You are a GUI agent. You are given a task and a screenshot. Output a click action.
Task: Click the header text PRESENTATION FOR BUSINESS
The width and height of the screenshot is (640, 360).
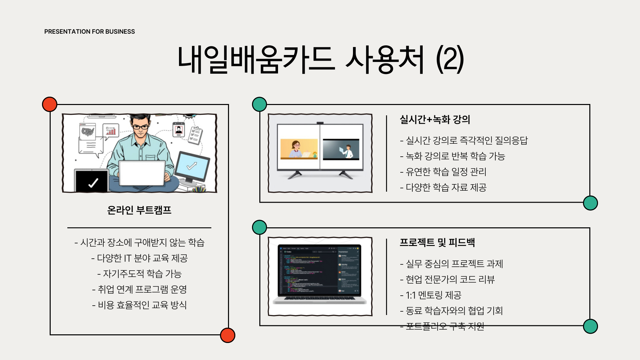[89, 32]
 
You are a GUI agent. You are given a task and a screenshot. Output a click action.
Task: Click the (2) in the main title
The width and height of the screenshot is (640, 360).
[450, 59]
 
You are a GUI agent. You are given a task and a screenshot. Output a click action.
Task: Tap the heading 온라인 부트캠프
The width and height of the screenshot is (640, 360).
[139, 210]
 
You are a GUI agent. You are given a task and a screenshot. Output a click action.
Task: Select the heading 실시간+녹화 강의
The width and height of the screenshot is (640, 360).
[435, 119]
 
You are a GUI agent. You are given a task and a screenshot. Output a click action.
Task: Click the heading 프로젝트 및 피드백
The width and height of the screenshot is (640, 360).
[437, 242]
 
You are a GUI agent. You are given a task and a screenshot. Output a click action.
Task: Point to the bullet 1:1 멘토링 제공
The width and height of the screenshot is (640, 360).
[431, 295]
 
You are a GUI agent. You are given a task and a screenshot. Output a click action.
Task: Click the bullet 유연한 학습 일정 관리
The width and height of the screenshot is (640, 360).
[443, 172]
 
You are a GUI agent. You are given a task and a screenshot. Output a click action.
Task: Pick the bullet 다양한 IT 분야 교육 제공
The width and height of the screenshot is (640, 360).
[139, 258]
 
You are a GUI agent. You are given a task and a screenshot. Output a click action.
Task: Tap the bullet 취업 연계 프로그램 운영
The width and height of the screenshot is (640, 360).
[139, 289]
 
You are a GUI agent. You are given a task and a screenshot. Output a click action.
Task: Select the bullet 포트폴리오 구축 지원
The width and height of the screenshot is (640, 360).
[442, 326]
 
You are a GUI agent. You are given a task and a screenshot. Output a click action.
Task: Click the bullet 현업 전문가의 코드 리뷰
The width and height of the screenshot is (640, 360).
[447, 279]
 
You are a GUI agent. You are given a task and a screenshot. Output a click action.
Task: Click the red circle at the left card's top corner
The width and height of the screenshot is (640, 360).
[50, 104]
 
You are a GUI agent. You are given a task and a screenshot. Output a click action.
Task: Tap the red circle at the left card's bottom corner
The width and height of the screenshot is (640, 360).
[228, 335]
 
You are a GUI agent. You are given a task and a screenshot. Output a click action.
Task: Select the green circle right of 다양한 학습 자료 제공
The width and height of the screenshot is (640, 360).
[590, 203]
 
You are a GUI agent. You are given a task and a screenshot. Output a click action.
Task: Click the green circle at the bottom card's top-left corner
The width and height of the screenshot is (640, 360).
[259, 227]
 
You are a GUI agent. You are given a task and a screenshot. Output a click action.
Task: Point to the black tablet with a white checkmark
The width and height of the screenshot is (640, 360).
[92, 181]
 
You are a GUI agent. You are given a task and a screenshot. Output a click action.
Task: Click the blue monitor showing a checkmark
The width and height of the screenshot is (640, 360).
[192, 166]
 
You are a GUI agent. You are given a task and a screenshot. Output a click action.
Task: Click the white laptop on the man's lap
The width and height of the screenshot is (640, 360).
[142, 173]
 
